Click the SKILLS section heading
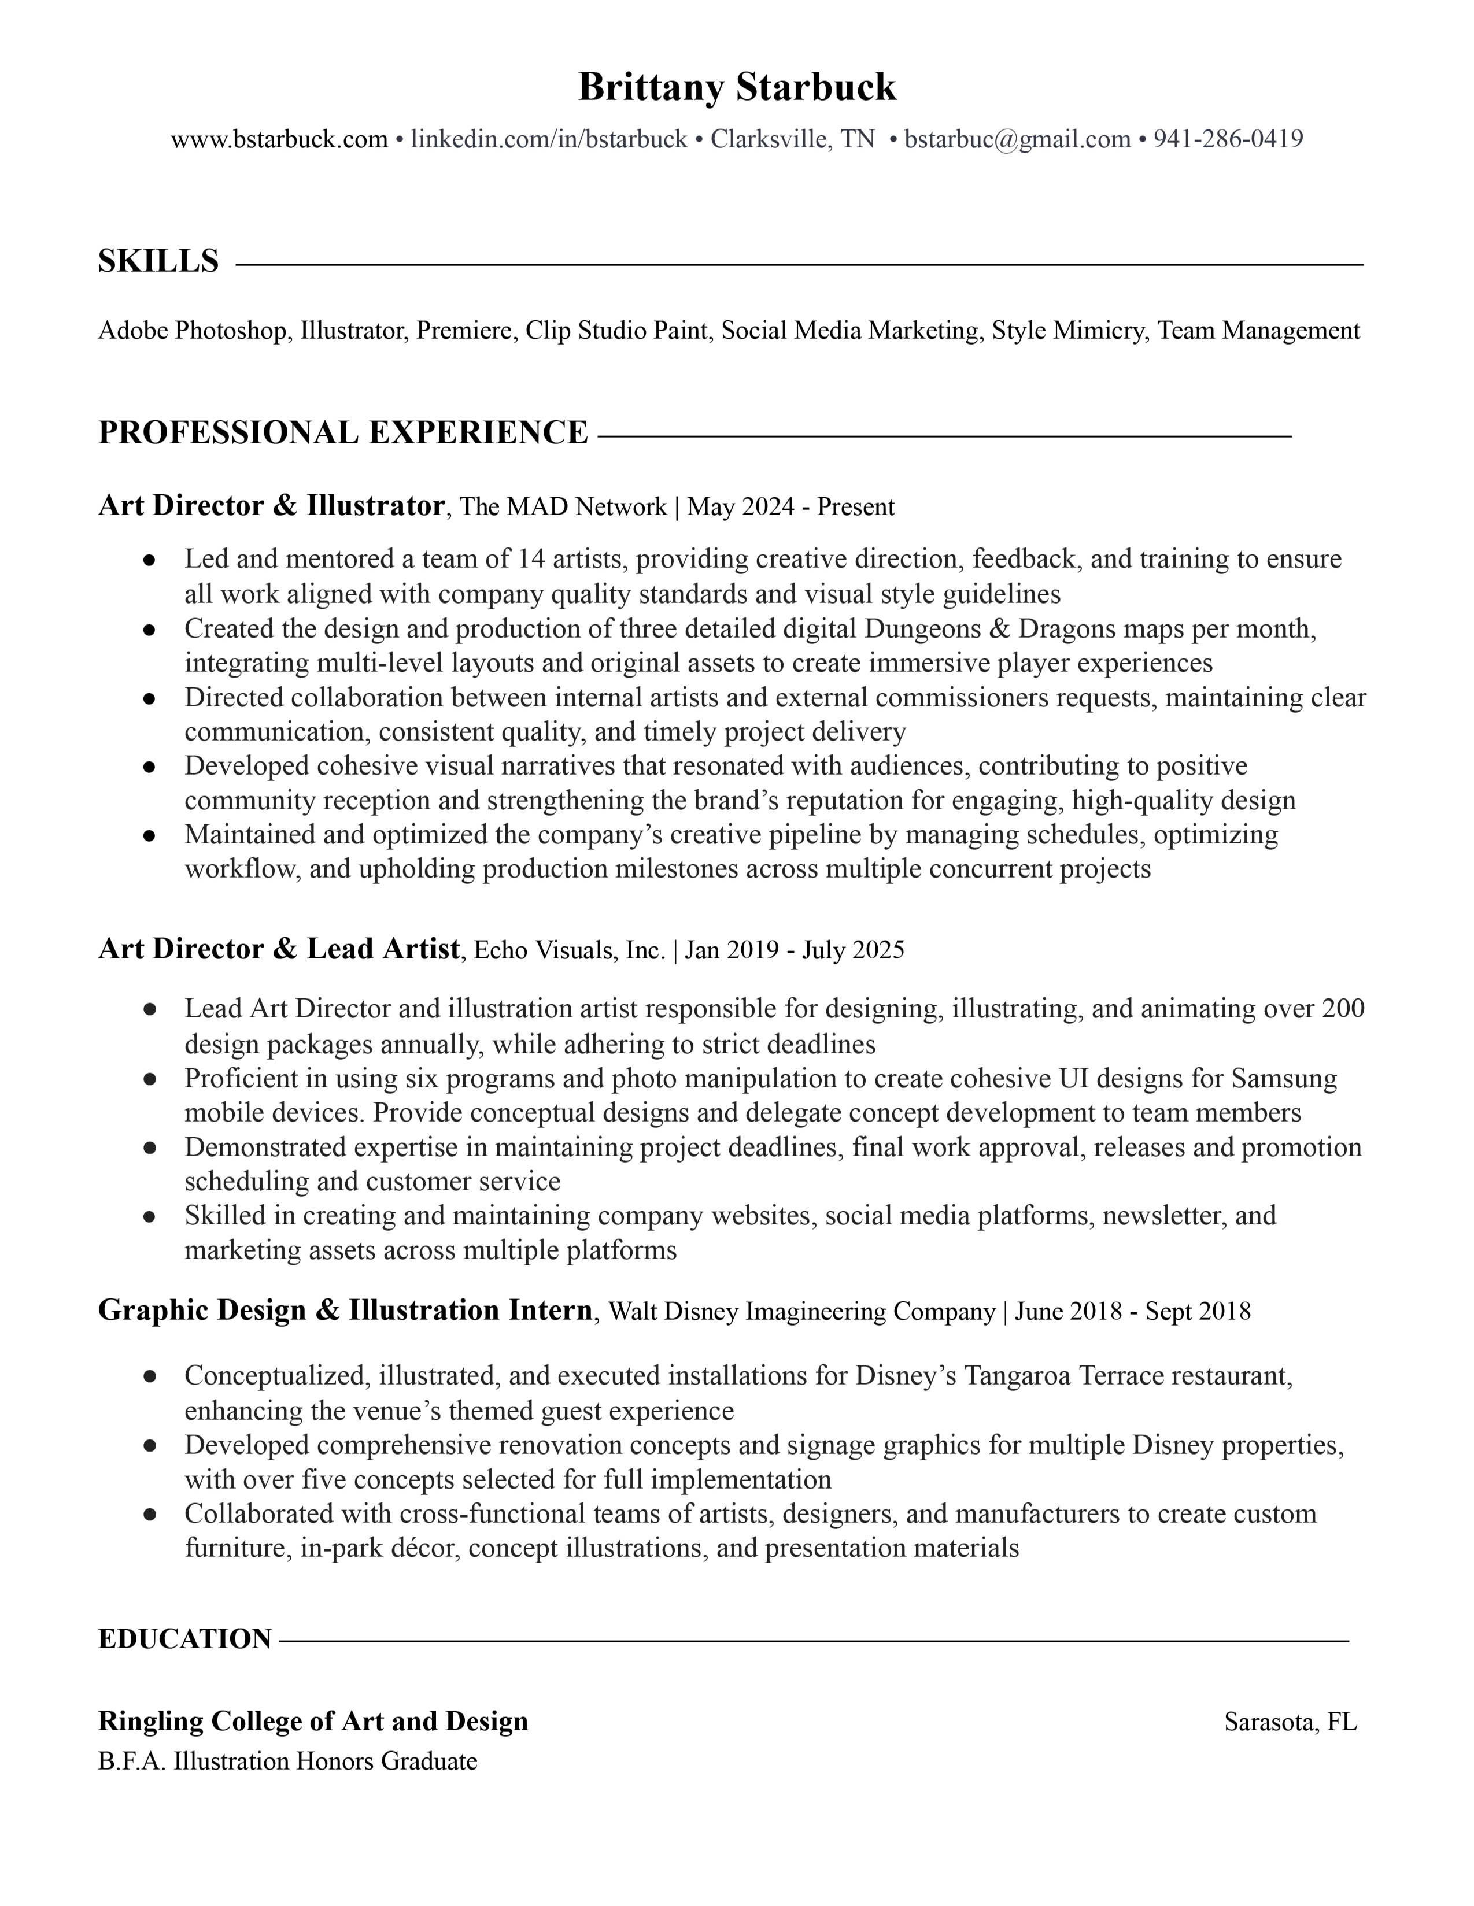(158, 261)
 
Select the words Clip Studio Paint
(616, 331)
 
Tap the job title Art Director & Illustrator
(271, 505)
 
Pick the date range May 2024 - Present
(790, 507)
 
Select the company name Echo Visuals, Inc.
(570, 949)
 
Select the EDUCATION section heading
(184, 1639)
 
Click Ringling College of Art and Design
(313, 1721)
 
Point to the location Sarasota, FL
(1291, 1722)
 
